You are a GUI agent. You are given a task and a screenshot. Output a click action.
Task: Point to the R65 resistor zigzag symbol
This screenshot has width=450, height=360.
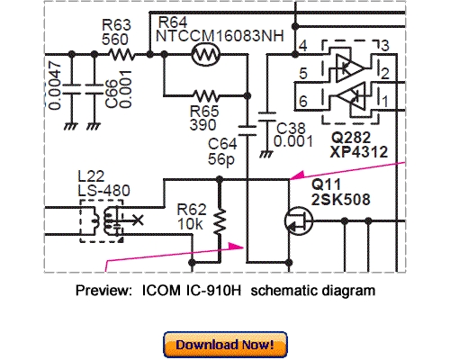point(208,94)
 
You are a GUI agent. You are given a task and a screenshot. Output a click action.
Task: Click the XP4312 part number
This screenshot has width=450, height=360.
point(358,152)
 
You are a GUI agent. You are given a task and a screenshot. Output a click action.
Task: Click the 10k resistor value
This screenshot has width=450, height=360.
point(189,220)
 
